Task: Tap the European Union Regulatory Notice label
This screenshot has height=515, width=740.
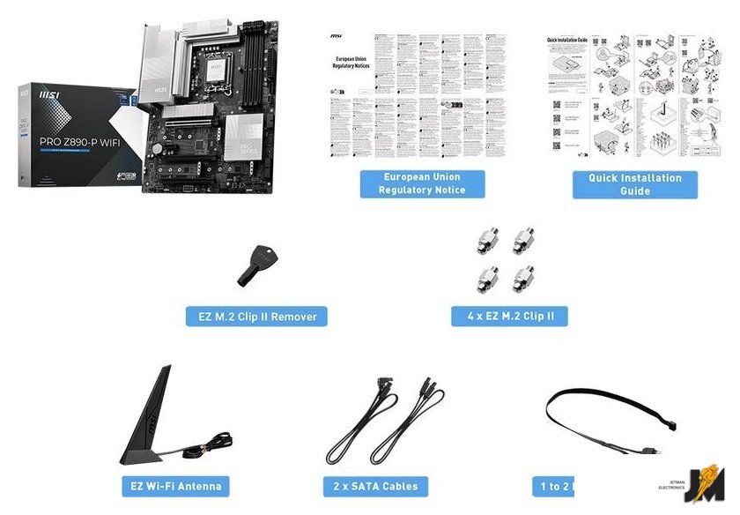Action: tap(422, 183)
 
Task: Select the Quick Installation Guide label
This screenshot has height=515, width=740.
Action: tap(634, 183)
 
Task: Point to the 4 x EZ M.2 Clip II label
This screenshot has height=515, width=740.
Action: tap(509, 316)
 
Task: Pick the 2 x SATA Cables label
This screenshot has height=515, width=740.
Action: tap(376, 486)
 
